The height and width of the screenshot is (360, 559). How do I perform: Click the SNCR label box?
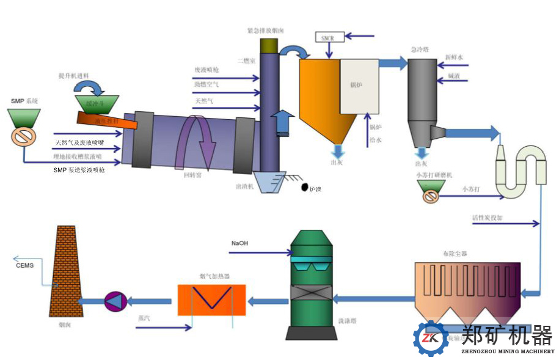[330, 38]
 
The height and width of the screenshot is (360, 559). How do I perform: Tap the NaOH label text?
[239, 243]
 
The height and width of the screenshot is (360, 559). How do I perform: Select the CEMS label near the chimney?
[24, 265]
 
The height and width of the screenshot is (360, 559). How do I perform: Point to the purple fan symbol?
[114, 300]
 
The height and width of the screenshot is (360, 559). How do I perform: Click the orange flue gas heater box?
[212, 299]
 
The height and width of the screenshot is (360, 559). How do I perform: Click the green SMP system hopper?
[24, 118]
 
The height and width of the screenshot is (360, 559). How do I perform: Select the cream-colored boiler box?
[361, 86]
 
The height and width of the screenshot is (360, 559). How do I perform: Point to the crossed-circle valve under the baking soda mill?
[432, 197]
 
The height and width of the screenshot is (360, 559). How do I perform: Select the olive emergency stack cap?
[269, 45]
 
